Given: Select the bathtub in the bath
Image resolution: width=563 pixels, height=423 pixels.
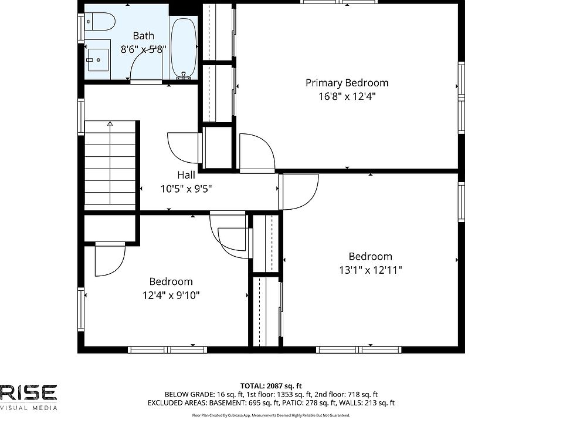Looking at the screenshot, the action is (x=184, y=48).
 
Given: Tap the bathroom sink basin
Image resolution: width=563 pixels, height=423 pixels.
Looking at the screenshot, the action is (x=98, y=60).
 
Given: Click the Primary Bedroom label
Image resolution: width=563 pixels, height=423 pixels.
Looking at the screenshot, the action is (x=347, y=83).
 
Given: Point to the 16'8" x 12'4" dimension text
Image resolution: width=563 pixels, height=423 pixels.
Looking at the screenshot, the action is (x=347, y=96).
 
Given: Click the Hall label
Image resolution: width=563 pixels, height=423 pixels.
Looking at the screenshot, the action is (x=186, y=175).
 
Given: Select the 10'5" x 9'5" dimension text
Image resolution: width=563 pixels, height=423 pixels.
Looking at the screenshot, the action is (x=186, y=189).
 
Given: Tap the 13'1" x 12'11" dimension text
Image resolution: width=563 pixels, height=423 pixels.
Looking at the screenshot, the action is (x=371, y=270).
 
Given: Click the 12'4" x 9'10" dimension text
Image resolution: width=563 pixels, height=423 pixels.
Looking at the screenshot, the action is (x=171, y=296).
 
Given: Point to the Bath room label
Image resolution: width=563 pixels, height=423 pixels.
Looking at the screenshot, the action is (x=144, y=36).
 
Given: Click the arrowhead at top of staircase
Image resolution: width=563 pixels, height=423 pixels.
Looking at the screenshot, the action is (x=110, y=124).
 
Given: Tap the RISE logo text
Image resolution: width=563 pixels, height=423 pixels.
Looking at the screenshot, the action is (x=28, y=392).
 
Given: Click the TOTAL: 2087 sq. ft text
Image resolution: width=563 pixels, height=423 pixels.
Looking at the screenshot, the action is (x=271, y=387).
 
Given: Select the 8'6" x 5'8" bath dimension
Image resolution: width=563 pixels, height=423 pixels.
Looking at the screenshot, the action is (x=144, y=49).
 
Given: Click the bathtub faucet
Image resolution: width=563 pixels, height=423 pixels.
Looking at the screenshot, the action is (x=184, y=75).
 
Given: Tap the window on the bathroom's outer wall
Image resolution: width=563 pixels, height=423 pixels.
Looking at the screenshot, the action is (x=81, y=28).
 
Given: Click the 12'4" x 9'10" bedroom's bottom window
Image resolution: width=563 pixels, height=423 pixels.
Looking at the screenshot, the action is (x=168, y=350).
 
